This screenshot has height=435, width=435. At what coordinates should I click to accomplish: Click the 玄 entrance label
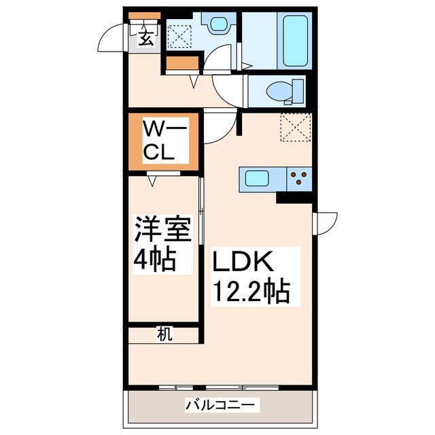pos(145,37)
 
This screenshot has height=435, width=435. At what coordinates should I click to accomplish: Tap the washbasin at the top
pos(218,24)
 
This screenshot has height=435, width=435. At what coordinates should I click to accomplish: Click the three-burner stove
pos(297,180)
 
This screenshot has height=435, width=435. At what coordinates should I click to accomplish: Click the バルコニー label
pos(220,406)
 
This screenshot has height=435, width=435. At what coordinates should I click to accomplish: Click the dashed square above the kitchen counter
pos(295,127)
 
